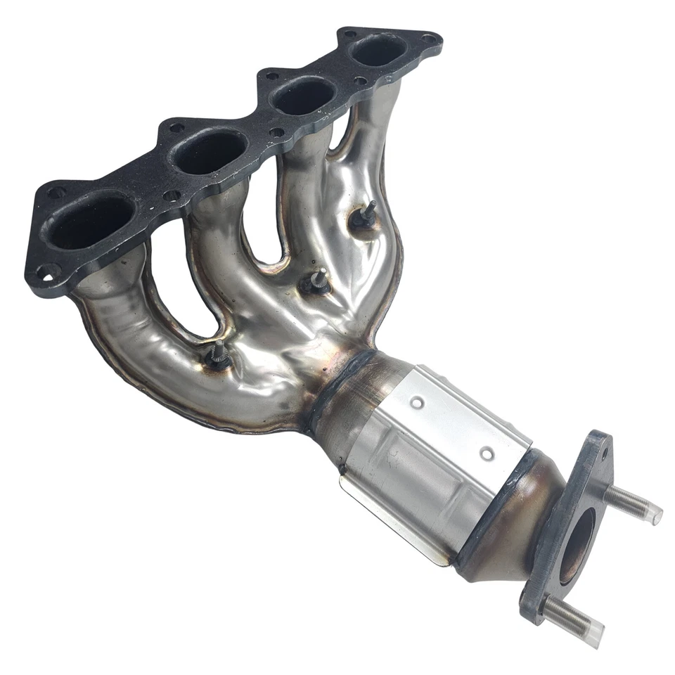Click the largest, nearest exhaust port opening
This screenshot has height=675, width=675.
pos(90,221)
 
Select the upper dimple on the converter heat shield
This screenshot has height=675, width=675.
pos(418,403)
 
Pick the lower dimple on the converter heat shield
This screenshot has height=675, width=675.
pos(486,454)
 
